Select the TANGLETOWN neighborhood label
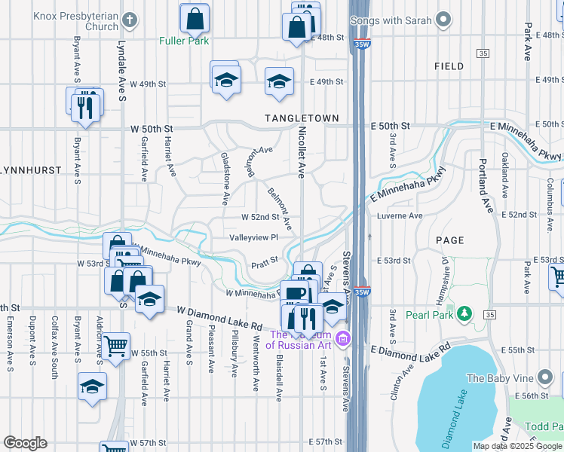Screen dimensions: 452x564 302,118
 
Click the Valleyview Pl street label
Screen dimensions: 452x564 255,237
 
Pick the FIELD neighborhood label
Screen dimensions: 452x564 449,66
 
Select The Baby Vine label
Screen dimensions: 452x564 499,378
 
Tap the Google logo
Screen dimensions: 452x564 25,443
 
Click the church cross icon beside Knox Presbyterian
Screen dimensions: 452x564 130,19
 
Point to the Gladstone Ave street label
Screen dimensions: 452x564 224,178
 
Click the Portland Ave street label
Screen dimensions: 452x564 483,185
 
